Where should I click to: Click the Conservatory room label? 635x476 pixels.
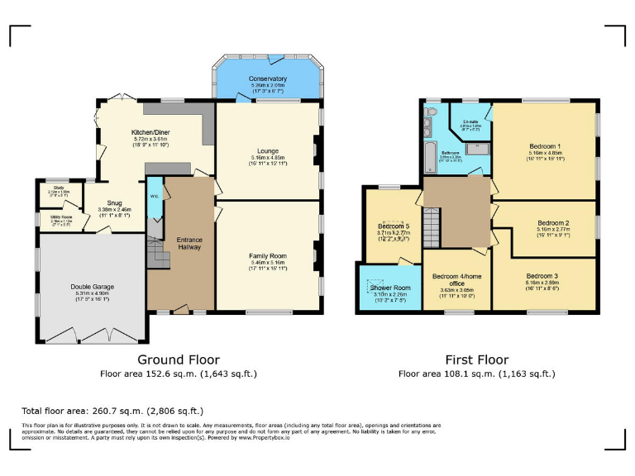(x=267, y=79)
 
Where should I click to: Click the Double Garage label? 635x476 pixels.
(x=92, y=287)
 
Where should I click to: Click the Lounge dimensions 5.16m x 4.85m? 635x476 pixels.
(x=267, y=158)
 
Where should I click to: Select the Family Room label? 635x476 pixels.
(x=267, y=256)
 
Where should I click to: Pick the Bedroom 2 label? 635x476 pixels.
(x=553, y=222)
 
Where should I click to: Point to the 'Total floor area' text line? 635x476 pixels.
(x=112, y=410)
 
